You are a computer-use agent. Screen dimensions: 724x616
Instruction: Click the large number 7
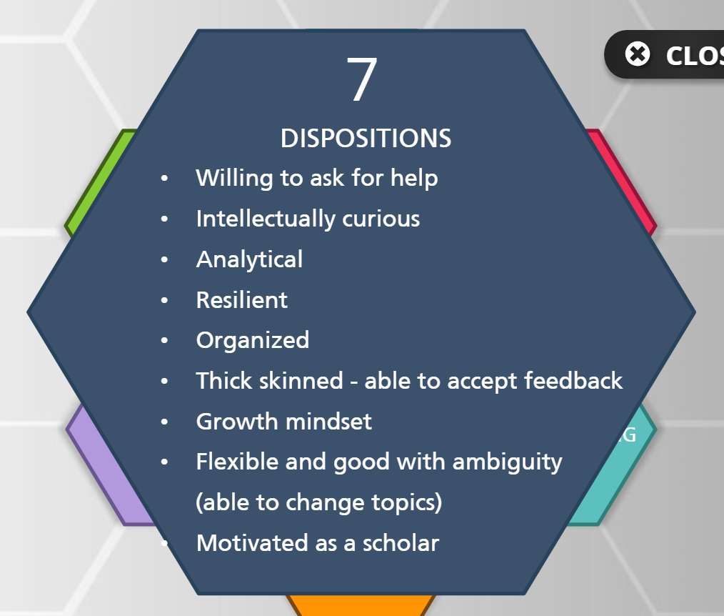(362, 79)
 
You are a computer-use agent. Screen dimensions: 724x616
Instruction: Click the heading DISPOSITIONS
(366, 138)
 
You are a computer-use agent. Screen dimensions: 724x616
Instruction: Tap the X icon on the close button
(638, 54)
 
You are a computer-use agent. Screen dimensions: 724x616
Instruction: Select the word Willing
(234, 179)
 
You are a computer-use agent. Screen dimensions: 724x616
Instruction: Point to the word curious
(381, 219)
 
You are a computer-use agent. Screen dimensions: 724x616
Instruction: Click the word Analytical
(249, 259)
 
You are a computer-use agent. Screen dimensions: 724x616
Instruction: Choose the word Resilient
(242, 300)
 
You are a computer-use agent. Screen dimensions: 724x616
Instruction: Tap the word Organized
(253, 341)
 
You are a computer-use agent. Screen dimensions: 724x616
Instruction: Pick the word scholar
(401, 543)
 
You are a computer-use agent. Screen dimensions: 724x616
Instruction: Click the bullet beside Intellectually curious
(164, 219)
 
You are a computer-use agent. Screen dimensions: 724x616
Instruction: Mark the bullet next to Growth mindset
(164, 422)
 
